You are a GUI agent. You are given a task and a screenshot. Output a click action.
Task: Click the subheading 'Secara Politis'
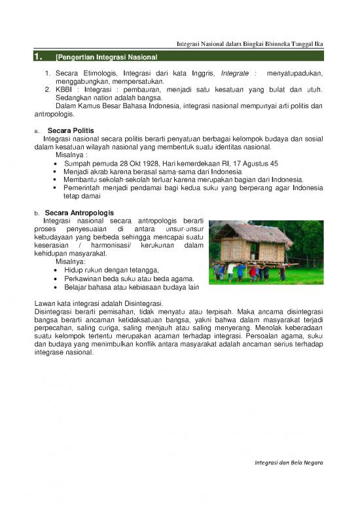point(70,131)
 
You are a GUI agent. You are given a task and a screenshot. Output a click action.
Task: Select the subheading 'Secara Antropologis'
point(79,212)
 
